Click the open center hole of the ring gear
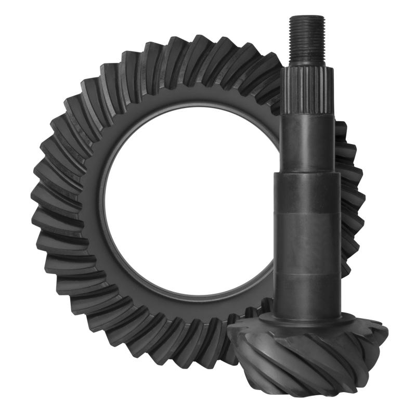(x=187, y=208)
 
